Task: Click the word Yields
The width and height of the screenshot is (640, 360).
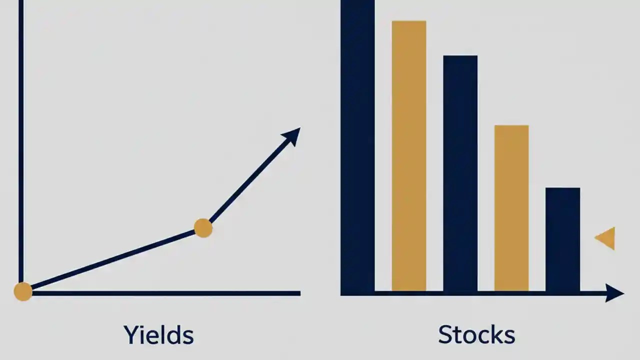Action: (x=158, y=334)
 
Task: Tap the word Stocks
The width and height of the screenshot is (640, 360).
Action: (x=476, y=334)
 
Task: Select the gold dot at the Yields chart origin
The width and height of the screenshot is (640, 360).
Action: (x=23, y=291)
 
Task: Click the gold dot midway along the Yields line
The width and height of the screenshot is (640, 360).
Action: (x=203, y=228)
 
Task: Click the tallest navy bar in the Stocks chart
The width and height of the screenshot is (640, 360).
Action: (x=357, y=145)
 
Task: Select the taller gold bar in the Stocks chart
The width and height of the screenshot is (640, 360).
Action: (x=409, y=155)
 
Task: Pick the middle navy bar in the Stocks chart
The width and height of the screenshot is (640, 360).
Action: (x=460, y=172)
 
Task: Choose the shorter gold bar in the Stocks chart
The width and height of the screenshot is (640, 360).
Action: (x=511, y=207)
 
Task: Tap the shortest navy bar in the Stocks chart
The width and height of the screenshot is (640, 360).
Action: (x=563, y=239)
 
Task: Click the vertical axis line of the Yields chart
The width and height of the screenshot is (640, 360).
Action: (x=21, y=140)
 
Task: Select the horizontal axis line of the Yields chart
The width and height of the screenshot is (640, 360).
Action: (x=165, y=293)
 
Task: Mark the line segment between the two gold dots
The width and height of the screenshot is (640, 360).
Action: (x=112, y=259)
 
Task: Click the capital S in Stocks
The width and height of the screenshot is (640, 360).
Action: (x=446, y=334)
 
